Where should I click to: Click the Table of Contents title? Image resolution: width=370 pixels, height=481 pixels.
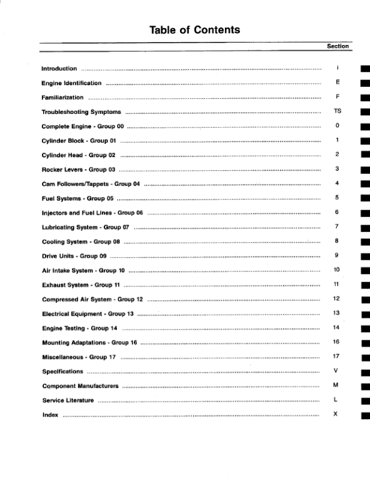pyautogui.click(x=194, y=29)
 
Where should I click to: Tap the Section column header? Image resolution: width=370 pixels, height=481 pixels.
pyautogui.click(x=337, y=46)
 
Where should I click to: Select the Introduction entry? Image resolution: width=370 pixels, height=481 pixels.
pyautogui.click(x=59, y=68)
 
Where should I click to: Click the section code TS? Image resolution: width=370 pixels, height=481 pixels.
pyautogui.click(x=337, y=111)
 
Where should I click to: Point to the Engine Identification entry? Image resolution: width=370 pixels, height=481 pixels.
pyautogui.click(x=71, y=83)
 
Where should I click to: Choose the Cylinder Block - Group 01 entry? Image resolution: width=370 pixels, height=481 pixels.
pyautogui.click(x=79, y=141)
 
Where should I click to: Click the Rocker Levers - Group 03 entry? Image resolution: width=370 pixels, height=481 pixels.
pyautogui.click(x=79, y=170)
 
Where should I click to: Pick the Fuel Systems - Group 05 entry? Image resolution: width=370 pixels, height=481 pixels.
pyautogui.click(x=77, y=198)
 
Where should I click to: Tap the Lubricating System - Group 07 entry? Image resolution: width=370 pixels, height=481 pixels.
pyautogui.click(x=85, y=227)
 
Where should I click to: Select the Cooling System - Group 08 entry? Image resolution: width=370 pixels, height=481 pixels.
pyautogui.click(x=81, y=241)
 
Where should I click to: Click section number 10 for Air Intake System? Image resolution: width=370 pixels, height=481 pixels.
pyautogui.click(x=336, y=270)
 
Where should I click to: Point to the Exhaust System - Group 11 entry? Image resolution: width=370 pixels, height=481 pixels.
pyautogui.click(x=81, y=285)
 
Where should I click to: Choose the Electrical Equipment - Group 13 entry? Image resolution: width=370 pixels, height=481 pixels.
pyautogui.click(x=87, y=314)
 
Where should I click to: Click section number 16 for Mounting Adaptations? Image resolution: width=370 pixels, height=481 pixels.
pyautogui.click(x=336, y=342)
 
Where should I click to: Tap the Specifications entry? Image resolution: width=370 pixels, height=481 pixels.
pyautogui.click(x=62, y=372)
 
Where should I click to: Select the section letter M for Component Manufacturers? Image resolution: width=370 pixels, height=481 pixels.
pyautogui.click(x=336, y=385)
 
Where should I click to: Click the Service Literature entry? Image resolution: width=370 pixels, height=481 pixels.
pyautogui.click(x=67, y=400)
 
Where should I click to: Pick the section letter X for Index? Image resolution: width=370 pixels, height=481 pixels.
pyautogui.click(x=336, y=414)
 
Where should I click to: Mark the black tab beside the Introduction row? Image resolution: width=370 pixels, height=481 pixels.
pyautogui.click(x=365, y=68)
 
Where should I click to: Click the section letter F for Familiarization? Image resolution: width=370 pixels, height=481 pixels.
pyautogui.click(x=337, y=97)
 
